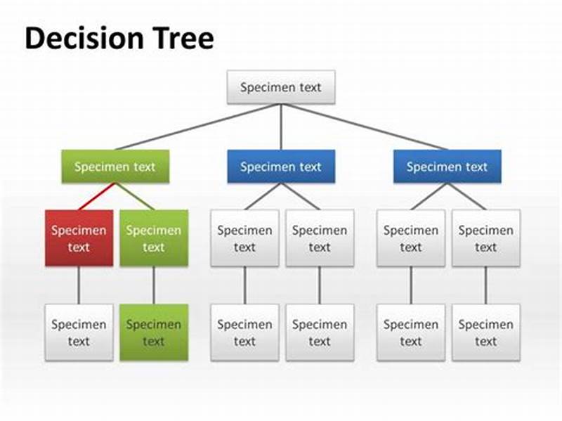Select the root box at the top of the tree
281,87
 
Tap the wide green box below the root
115,167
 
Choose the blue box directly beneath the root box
281,167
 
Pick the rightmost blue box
447,167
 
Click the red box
79,238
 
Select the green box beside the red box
154,238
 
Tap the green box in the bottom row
154,332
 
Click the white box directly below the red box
79,332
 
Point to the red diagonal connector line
96,197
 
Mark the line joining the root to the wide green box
197,127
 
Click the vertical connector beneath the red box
79,285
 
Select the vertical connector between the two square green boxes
154,285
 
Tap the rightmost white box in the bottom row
485,332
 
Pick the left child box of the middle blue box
244,238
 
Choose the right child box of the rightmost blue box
485,238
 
